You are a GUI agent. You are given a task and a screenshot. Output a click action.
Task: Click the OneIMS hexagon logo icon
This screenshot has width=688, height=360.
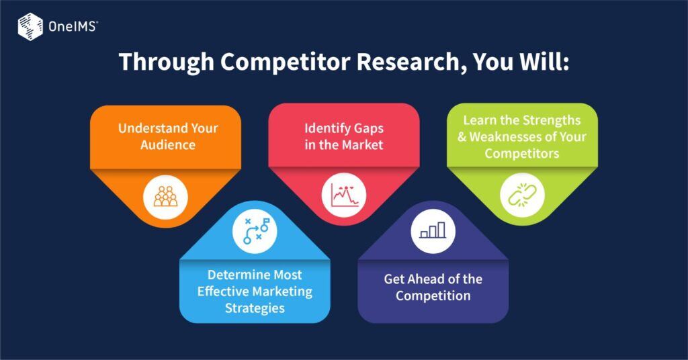tap(30, 27)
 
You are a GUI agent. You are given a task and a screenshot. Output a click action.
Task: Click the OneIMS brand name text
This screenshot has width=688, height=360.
tap(72, 28)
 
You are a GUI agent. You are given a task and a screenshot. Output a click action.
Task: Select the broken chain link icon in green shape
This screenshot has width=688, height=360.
tap(522, 195)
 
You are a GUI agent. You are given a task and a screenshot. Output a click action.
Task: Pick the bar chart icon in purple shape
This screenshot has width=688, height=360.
tap(433, 230)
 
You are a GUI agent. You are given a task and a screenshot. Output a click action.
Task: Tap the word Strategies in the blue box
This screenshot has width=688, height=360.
tap(255, 308)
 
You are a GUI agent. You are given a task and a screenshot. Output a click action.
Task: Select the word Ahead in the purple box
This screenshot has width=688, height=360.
tap(427, 279)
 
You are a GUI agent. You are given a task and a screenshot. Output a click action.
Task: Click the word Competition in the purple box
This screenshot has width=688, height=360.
tap(433, 296)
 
